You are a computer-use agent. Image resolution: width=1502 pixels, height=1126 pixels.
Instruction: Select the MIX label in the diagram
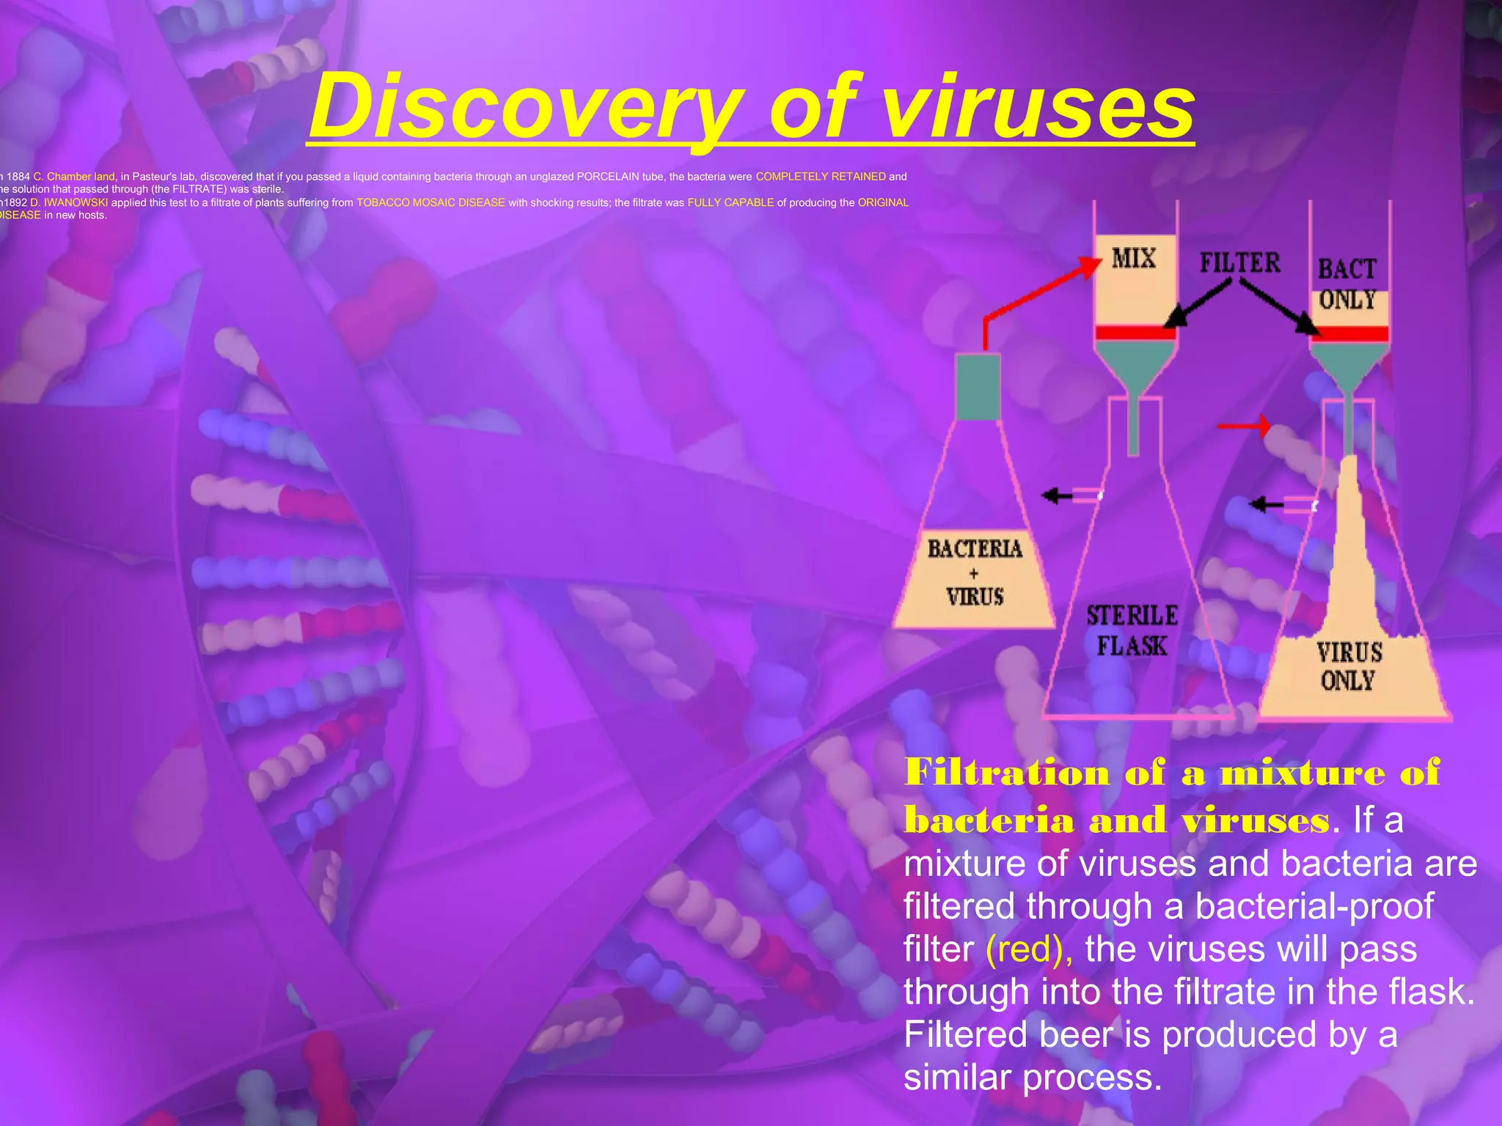(1133, 258)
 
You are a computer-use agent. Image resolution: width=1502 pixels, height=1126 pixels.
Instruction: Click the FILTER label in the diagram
(1239, 262)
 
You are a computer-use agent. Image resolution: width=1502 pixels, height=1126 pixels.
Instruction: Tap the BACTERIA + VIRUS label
(974, 573)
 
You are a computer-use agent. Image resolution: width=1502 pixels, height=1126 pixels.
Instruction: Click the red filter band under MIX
(1135, 333)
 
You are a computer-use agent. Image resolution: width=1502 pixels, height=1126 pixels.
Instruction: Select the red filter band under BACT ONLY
(1350, 334)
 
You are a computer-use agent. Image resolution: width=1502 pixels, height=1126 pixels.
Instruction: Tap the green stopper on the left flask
(978, 386)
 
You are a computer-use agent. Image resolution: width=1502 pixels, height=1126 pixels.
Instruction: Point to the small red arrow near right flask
(1243, 425)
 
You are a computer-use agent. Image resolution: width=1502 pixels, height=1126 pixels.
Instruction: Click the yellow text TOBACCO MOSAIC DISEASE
(431, 202)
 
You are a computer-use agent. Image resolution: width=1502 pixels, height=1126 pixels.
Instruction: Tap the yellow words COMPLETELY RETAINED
(821, 177)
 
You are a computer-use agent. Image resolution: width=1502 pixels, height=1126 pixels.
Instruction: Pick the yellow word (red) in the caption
(1029, 949)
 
